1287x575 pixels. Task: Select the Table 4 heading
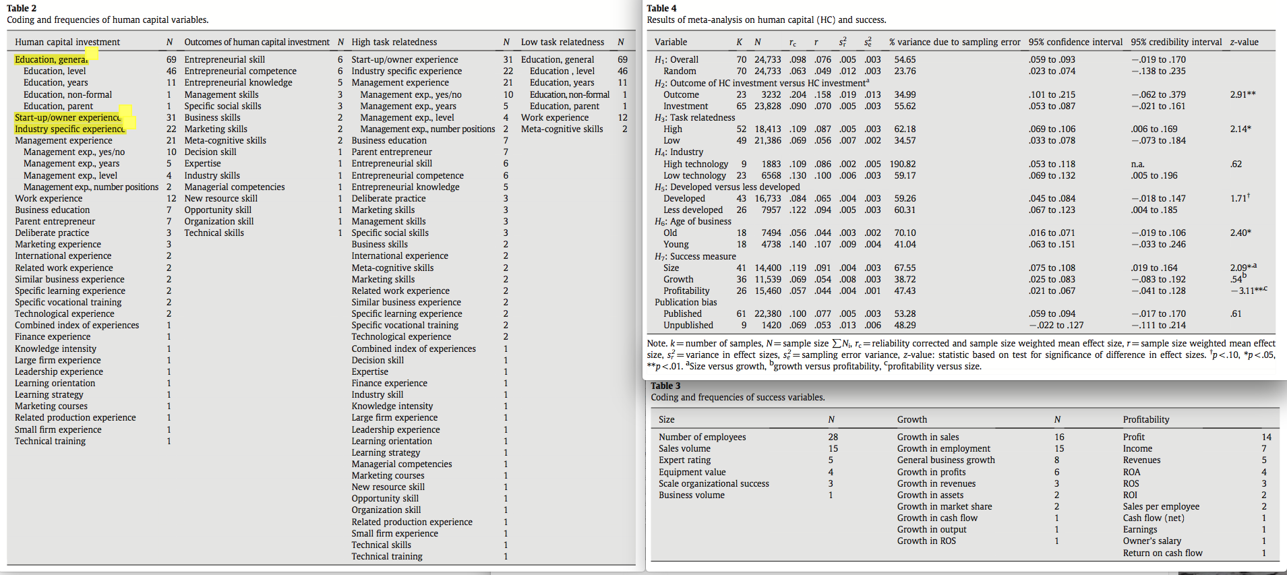click(x=661, y=8)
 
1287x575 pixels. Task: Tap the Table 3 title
click(x=665, y=386)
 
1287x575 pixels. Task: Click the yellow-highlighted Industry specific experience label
click(x=69, y=129)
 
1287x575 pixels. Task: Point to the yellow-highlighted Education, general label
click(x=51, y=59)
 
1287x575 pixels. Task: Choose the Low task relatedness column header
click(x=562, y=42)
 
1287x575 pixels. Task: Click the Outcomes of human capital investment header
click(x=257, y=42)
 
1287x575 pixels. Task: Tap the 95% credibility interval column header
click(x=1176, y=42)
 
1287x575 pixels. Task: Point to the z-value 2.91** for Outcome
click(x=1243, y=94)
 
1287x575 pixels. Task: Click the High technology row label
click(x=695, y=164)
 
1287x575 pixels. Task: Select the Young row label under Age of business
click(x=676, y=244)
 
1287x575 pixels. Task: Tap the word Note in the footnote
click(x=657, y=343)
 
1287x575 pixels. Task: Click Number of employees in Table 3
click(x=702, y=437)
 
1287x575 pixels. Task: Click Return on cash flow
click(x=1162, y=553)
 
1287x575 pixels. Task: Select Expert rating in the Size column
click(x=684, y=460)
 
